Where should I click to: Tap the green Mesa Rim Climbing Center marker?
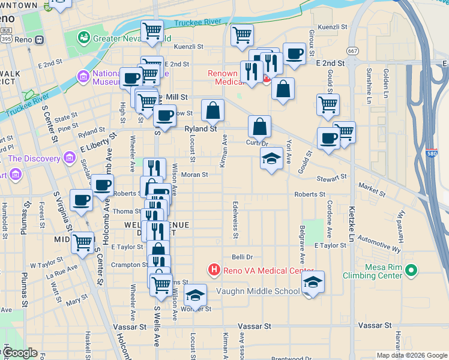point(411,271)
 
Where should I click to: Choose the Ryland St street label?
point(200,129)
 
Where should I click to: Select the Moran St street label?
point(194,175)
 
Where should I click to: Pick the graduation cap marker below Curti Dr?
point(271,159)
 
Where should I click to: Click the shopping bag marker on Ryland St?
point(212,111)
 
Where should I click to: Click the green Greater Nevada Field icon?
point(83,38)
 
